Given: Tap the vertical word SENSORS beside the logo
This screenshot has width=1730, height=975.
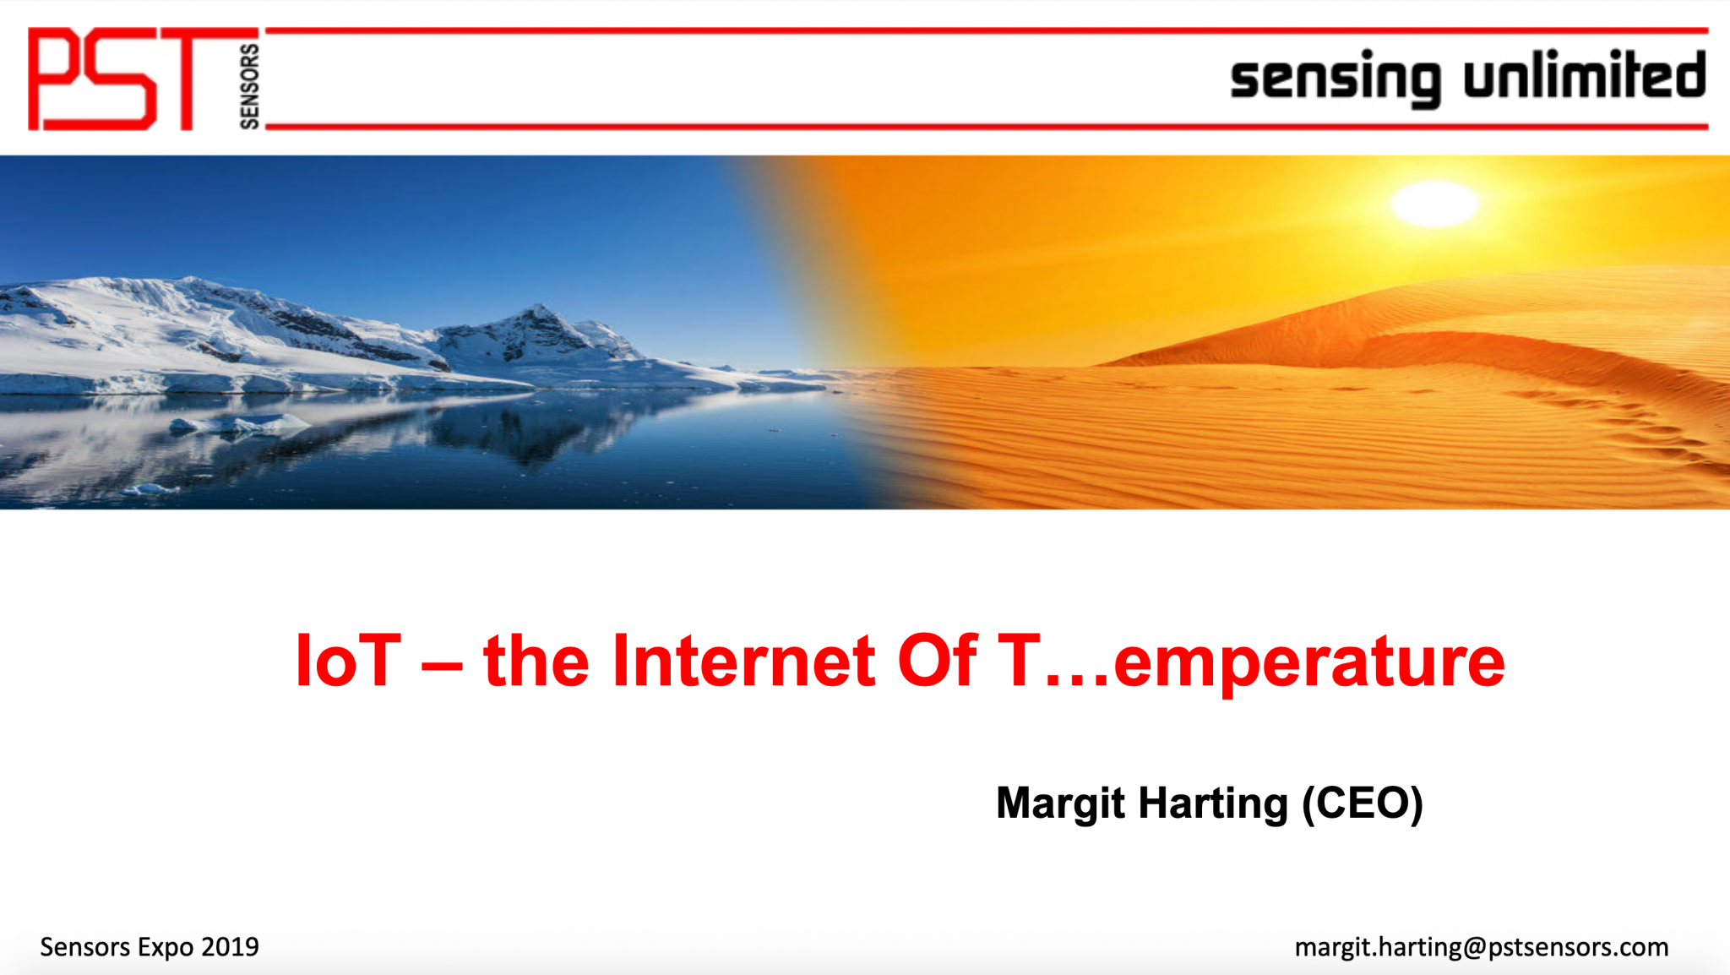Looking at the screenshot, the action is point(249,86).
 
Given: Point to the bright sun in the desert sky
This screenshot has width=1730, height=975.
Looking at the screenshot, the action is point(1435,204).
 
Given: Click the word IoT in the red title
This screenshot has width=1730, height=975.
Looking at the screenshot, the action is point(348,660).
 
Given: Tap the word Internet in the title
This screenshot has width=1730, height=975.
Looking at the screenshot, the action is point(743,660).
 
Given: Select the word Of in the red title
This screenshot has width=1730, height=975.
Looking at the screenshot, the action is point(937,660).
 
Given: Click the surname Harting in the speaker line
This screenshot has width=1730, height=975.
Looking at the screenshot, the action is point(1213,803).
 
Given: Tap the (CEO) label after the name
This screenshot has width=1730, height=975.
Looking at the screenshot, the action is point(1363,803).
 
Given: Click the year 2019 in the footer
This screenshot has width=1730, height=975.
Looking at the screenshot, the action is point(230,947).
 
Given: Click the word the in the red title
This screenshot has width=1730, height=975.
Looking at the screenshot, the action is point(536,660).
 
